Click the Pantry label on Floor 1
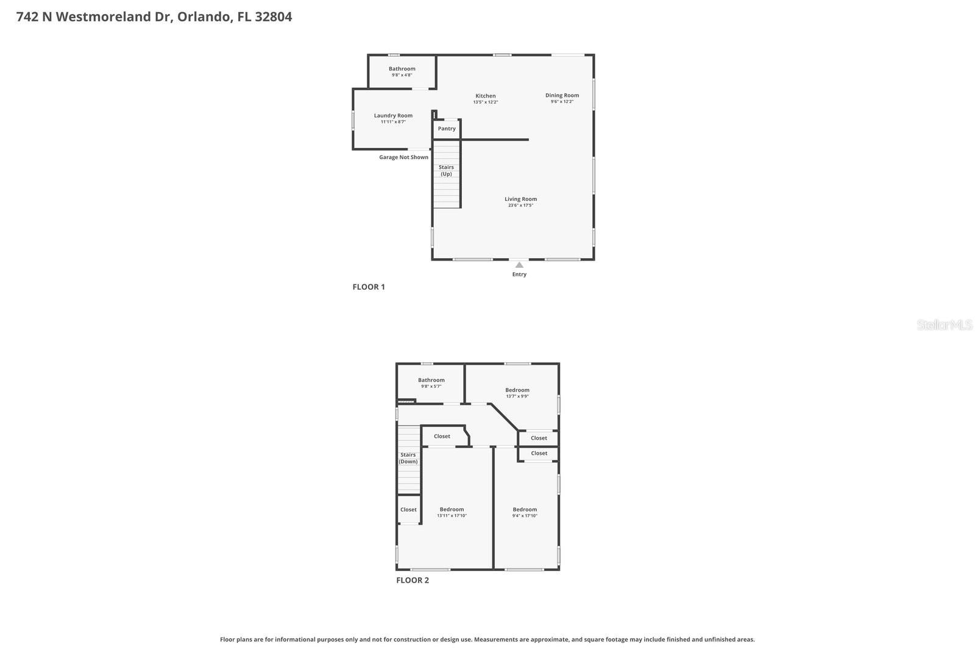(x=447, y=128)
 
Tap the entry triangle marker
(x=519, y=265)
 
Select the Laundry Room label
(x=393, y=116)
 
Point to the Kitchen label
(x=486, y=96)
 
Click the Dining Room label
(x=562, y=95)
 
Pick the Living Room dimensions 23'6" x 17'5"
(x=520, y=206)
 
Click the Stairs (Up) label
(x=446, y=170)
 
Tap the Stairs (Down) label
(x=408, y=458)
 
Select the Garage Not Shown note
(x=403, y=157)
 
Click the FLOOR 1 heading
(x=369, y=287)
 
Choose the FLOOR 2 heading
(x=413, y=580)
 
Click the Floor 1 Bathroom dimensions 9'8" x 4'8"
(x=402, y=75)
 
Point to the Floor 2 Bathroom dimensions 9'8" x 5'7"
(x=431, y=387)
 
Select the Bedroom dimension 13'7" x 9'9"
(x=517, y=396)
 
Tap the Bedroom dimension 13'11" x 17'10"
(x=452, y=516)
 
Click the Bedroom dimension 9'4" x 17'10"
(x=525, y=516)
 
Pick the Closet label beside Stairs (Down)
(x=408, y=510)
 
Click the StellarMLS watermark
(x=945, y=324)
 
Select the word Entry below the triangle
(x=519, y=275)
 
